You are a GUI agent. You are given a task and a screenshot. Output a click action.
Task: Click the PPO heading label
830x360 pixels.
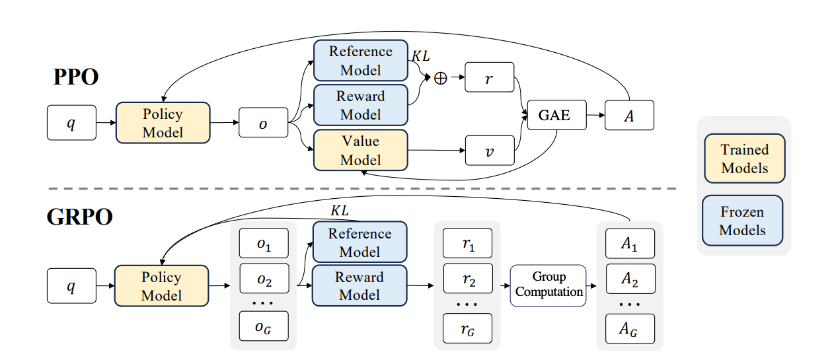pos(76,77)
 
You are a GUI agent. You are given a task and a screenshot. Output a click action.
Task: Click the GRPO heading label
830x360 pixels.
pos(79,216)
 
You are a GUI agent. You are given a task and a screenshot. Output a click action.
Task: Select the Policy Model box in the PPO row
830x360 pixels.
pos(163,122)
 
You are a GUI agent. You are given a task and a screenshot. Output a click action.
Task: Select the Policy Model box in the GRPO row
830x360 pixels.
pos(161,286)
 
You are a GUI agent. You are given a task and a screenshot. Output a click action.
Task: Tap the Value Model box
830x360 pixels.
pos(360,151)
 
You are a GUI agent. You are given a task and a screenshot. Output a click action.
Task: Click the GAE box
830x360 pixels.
pos(554,116)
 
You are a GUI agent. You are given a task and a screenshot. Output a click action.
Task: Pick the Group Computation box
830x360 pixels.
pos(548,285)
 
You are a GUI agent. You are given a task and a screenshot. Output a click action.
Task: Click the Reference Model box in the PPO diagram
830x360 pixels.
pos(360,61)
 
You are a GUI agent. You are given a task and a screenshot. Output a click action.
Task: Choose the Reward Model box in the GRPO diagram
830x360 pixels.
pos(360,286)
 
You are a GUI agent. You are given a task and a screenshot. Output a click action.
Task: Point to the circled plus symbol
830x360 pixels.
pos(440,78)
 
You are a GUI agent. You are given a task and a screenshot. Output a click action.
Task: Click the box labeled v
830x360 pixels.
pos(490,151)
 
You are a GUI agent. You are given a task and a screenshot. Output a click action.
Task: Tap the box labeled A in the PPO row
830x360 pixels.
pos(628,116)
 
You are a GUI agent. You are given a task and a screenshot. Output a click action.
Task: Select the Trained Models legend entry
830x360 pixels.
pos(745,159)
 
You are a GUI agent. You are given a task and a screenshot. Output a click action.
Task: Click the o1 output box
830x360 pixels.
pos(264,244)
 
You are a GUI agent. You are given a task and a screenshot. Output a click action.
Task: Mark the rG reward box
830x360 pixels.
pos(468,327)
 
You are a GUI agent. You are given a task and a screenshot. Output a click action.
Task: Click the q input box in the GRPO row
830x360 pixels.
pos(71,286)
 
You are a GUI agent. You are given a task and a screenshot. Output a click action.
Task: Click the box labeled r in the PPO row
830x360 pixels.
pos(490,78)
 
